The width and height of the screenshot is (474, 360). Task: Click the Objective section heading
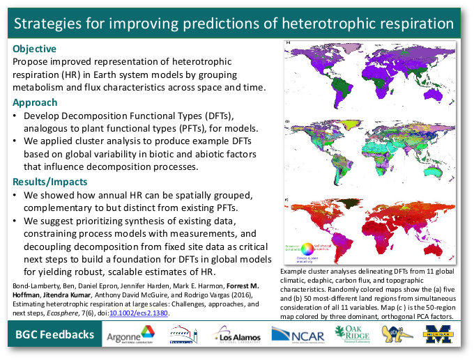tap(34, 49)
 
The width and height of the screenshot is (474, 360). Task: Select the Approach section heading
tap(35, 102)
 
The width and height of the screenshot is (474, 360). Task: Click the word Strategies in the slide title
tap(49, 24)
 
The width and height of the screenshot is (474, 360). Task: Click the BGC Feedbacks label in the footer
tap(55, 335)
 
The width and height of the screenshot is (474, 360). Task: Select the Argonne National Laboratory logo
tap(131, 336)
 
